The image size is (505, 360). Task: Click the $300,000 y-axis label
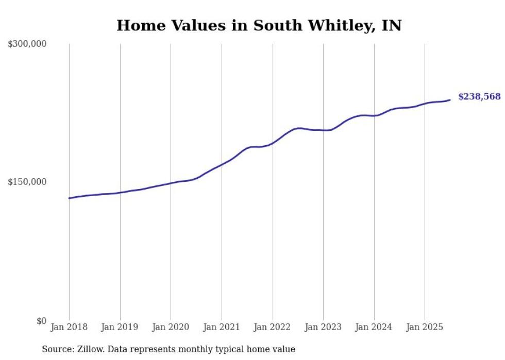[27, 44]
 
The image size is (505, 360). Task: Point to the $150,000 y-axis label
[27, 182]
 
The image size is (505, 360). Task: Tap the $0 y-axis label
[41, 321]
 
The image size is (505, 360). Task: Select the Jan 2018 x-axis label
[69, 327]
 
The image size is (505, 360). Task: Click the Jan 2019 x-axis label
[120, 327]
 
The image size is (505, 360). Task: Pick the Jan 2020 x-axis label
[171, 327]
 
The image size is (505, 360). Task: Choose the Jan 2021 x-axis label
[222, 327]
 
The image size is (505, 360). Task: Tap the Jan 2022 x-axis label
[272, 327]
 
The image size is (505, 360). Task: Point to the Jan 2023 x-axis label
[323, 327]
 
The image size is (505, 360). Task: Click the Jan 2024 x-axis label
[374, 327]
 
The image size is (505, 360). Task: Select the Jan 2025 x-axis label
[425, 327]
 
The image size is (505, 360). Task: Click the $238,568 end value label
[479, 97]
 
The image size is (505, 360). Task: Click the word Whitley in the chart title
[332, 26]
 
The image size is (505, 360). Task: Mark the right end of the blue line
[450, 100]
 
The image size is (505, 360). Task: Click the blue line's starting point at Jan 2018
[69, 198]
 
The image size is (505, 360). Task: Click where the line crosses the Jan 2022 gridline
[272, 143]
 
